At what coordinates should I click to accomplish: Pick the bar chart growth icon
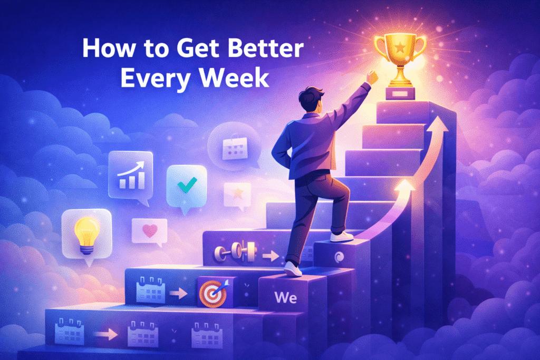pyautogui.click(x=129, y=174)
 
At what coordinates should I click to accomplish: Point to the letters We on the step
pyautogui.click(x=285, y=297)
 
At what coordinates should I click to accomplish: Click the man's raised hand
pyautogui.click(x=372, y=78)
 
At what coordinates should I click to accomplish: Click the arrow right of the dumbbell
pyautogui.click(x=270, y=256)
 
